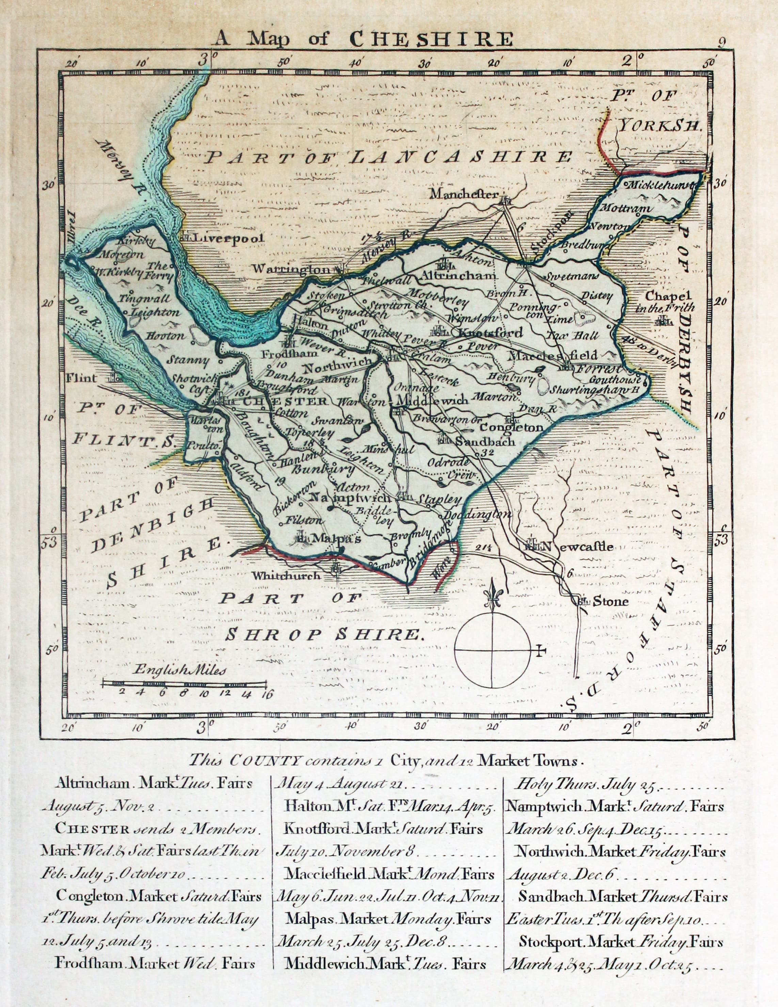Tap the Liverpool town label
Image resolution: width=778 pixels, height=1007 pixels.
click(228, 238)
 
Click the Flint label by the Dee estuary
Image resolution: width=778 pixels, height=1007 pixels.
click(82, 378)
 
